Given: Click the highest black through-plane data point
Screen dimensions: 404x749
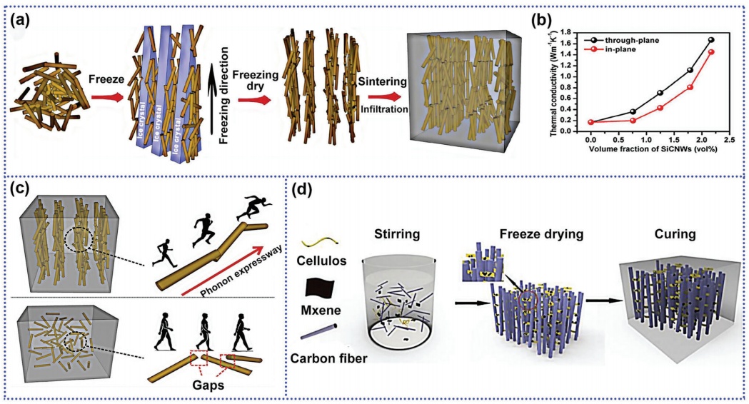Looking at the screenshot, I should click(711, 40).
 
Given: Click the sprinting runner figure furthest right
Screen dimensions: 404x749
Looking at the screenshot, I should click(251, 208).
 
